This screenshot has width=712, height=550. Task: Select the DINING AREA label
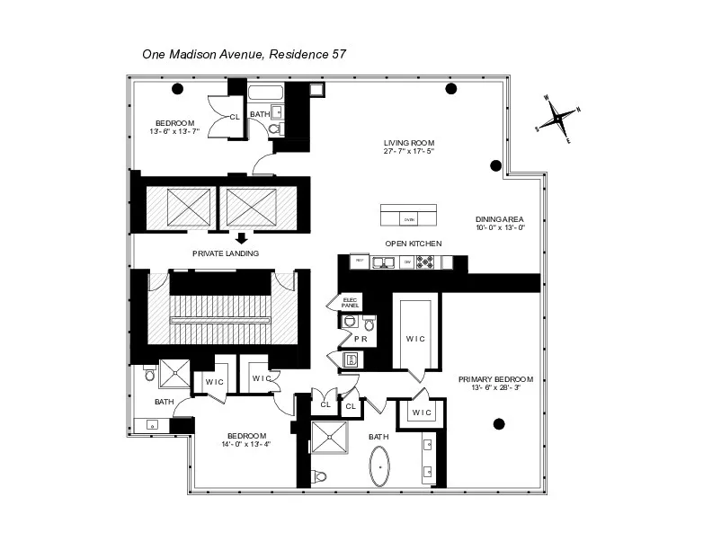(500, 219)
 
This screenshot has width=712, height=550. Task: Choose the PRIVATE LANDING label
(226, 253)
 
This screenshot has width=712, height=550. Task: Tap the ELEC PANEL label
(350, 303)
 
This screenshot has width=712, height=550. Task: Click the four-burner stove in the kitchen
(424, 262)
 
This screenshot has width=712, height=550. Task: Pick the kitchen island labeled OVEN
(408, 216)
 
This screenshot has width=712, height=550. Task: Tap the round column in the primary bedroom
(499, 423)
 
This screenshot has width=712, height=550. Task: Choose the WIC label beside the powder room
(415, 339)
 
